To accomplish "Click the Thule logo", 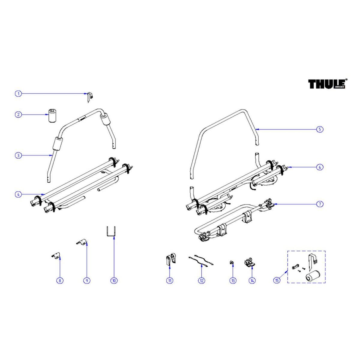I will point(328,84).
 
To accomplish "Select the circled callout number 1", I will point(18,94).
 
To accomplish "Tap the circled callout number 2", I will point(18,115).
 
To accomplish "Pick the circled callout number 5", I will point(320,129).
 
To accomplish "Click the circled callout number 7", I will point(320,204).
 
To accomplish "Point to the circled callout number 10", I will point(114,280).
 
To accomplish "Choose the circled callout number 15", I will point(277,280).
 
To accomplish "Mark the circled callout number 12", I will point(201,280).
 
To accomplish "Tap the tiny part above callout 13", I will point(232,262).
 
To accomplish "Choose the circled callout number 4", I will point(18,194).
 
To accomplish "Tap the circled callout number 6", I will point(320,167).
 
